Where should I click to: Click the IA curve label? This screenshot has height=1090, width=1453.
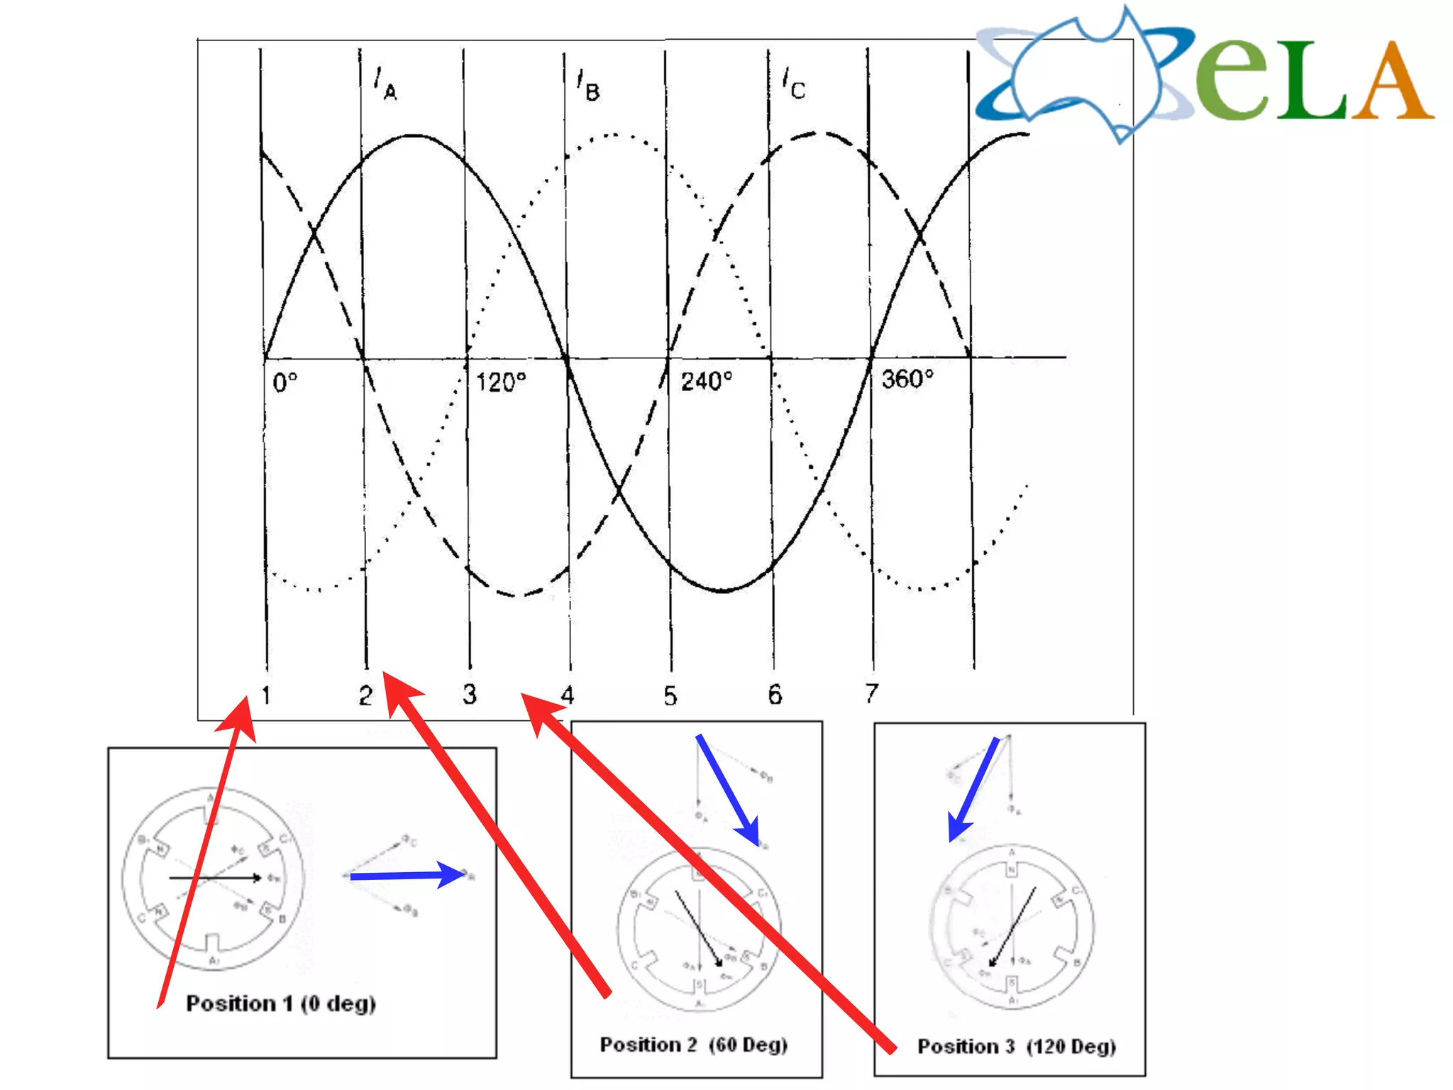click(385, 84)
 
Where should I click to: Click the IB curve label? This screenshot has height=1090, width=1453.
click(588, 86)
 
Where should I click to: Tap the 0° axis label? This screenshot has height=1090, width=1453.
click(284, 382)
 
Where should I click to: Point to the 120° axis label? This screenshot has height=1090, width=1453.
click(501, 382)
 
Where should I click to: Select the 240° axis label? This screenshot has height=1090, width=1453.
click(706, 381)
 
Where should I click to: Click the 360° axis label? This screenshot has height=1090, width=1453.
click(907, 379)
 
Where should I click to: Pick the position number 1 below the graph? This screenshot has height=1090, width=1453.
click(266, 695)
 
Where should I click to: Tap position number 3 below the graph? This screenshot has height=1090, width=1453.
click(469, 695)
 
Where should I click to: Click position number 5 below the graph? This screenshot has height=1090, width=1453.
click(670, 696)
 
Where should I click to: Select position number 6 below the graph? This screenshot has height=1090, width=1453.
click(775, 695)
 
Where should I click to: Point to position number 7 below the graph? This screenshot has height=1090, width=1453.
click(872, 693)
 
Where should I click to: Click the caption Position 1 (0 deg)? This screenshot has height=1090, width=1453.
click(281, 1003)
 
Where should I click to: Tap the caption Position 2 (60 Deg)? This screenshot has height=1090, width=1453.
click(694, 1045)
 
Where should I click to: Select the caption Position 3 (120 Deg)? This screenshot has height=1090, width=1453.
click(1017, 1047)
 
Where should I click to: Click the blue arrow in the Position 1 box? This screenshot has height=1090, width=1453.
click(408, 876)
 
